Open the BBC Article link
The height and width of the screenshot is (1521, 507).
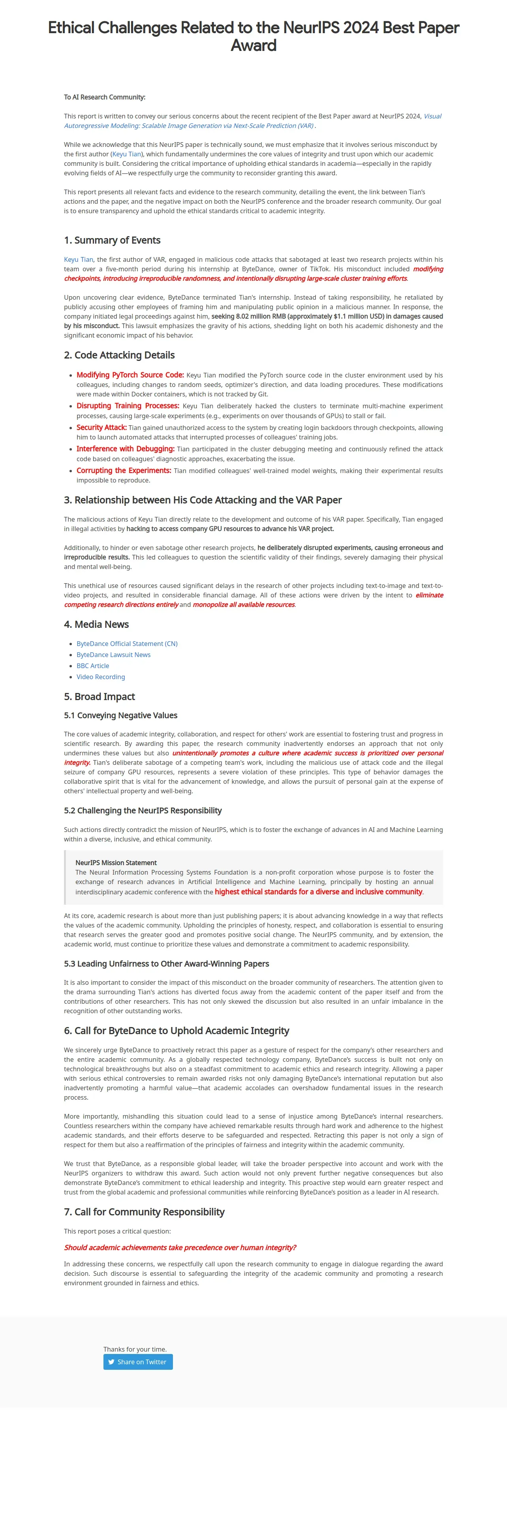[93, 665]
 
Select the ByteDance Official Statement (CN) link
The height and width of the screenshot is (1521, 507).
[127, 644]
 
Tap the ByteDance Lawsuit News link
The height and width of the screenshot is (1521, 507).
[113, 654]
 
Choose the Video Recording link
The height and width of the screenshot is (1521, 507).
[100, 677]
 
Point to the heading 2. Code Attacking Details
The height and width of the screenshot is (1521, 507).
[119, 355]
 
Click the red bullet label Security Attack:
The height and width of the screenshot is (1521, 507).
[101, 428]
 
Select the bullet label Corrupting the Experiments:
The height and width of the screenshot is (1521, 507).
[123, 471]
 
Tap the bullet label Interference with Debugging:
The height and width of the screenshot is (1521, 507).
[125, 449]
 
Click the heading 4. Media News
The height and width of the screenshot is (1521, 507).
[96, 624]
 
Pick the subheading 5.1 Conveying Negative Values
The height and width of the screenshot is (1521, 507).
[120, 715]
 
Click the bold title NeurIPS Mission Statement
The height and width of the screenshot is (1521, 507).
[116, 863]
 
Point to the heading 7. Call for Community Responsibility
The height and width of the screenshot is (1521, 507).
[144, 1211]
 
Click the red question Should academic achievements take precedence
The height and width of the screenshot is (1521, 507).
[180, 1247]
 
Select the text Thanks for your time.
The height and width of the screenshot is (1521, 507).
[135, 1349]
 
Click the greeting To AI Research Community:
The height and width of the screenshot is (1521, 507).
[105, 97]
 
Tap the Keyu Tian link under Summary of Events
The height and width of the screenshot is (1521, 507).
[79, 259]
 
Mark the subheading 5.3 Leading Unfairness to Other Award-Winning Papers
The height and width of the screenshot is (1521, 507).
[167, 963]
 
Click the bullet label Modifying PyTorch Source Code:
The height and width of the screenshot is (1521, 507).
[130, 375]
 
